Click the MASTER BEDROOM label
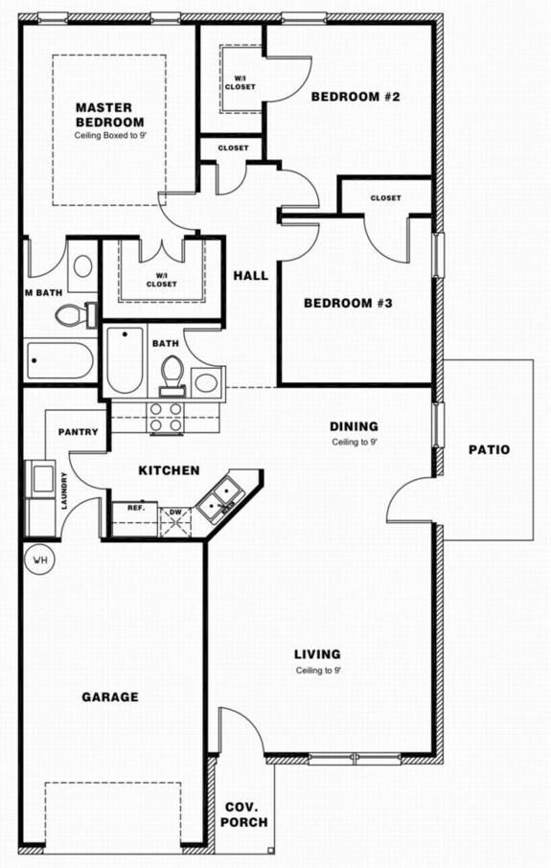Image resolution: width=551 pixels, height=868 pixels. pyautogui.click(x=109, y=114)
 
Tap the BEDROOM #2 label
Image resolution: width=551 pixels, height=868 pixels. pyautogui.click(x=355, y=97)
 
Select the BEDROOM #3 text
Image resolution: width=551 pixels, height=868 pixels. pyautogui.click(x=349, y=304)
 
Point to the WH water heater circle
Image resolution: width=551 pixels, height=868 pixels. pyautogui.click(x=40, y=559)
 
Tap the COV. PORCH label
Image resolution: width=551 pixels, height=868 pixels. pyautogui.click(x=244, y=814)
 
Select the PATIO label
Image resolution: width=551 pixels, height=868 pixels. pyautogui.click(x=489, y=449)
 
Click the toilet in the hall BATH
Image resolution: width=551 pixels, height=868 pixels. pyautogui.click(x=172, y=374)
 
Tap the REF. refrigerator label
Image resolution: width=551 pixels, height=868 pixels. pyautogui.click(x=136, y=508)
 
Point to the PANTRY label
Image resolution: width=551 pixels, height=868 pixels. pyautogui.click(x=78, y=432)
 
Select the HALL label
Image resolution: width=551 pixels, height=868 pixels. pyautogui.click(x=250, y=276)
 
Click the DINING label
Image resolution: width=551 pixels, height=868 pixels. pyautogui.click(x=354, y=426)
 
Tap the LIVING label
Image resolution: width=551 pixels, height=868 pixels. pyautogui.click(x=317, y=654)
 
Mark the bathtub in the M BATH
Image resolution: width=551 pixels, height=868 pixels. pyautogui.click(x=59, y=361)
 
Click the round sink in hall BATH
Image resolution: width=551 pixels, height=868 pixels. pyautogui.click(x=207, y=382)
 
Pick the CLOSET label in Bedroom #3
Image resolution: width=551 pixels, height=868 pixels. pyautogui.click(x=385, y=198)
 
